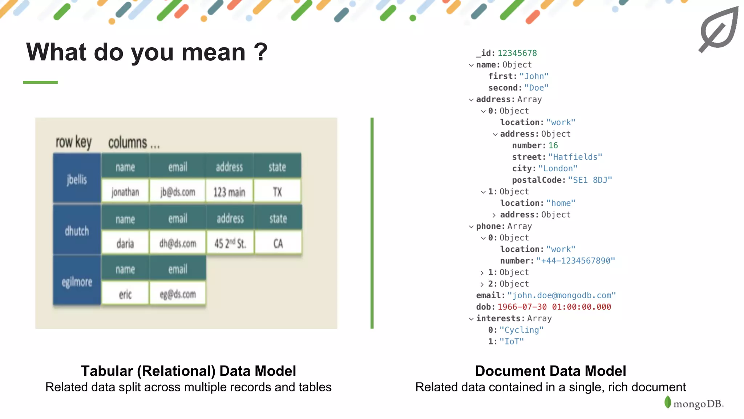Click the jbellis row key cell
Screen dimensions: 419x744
coord(77,179)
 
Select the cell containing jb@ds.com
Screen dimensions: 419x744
coord(178,192)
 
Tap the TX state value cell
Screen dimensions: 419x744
coord(277,192)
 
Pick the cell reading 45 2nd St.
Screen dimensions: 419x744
coord(230,243)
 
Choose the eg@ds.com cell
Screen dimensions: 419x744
coord(178,294)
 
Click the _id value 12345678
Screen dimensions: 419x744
coord(517,53)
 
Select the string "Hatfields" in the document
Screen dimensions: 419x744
coord(575,157)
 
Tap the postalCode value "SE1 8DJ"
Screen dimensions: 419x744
coord(590,180)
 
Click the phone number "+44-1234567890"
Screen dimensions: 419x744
coord(575,261)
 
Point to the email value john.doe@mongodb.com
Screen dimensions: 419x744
coord(561,295)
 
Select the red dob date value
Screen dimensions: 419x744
coord(554,307)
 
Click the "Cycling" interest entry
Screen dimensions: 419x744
coord(521,330)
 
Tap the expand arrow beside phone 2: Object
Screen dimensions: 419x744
coord(482,284)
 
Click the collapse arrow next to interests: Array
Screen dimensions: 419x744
coord(471,319)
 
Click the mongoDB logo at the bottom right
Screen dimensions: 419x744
coord(694,403)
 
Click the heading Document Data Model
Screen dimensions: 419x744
coord(550,371)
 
